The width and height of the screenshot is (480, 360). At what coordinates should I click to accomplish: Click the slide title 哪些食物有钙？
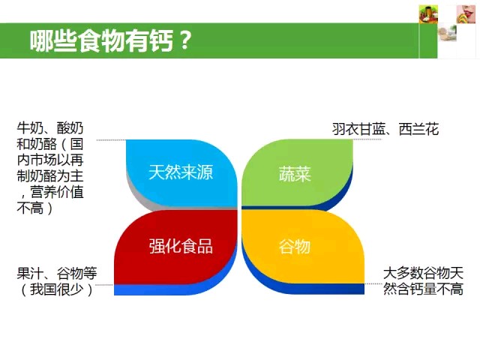click(x=111, y=40)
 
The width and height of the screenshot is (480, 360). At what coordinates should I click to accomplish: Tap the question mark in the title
click(x=184, y=40)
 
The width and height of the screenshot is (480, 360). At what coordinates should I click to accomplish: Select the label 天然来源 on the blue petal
click(x=181, y=172)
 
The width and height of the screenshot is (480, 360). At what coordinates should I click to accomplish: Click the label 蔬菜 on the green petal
click(x=295, y=174)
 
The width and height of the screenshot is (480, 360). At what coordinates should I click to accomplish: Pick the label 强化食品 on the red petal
click(x=181, y=246)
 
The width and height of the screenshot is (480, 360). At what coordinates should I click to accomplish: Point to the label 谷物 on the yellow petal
click(x=295, y=247)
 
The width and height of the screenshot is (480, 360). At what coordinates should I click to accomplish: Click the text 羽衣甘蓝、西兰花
click(x=385, y=129)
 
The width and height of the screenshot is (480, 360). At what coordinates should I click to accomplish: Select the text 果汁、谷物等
click(x=57, y=273)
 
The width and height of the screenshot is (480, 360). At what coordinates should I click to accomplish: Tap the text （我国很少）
click(x=57, y=289)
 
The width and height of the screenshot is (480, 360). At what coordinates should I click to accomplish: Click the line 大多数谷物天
click(x=423, y=273)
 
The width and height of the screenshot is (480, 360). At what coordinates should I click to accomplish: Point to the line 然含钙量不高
click(x=423, y=289)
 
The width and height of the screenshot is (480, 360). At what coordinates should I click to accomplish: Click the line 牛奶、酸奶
click(x=50, y=127)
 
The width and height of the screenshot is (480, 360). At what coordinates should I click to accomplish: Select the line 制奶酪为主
click(x=50, y=175)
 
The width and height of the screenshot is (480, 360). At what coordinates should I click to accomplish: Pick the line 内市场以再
click(x=50, y=160)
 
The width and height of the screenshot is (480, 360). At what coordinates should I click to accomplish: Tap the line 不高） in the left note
click(x=35, y=208)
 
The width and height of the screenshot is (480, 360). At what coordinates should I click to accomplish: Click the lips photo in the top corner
click(x=466, y=14)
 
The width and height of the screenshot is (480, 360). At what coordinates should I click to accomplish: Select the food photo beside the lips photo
click(x=428, y=14)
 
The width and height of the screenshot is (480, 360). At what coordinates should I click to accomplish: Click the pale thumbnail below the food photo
click(x=447, y=33)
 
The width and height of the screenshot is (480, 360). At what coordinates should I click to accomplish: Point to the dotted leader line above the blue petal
click(x=112, y=140)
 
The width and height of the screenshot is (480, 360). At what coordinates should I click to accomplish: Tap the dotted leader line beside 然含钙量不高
click(x=373, y=284)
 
